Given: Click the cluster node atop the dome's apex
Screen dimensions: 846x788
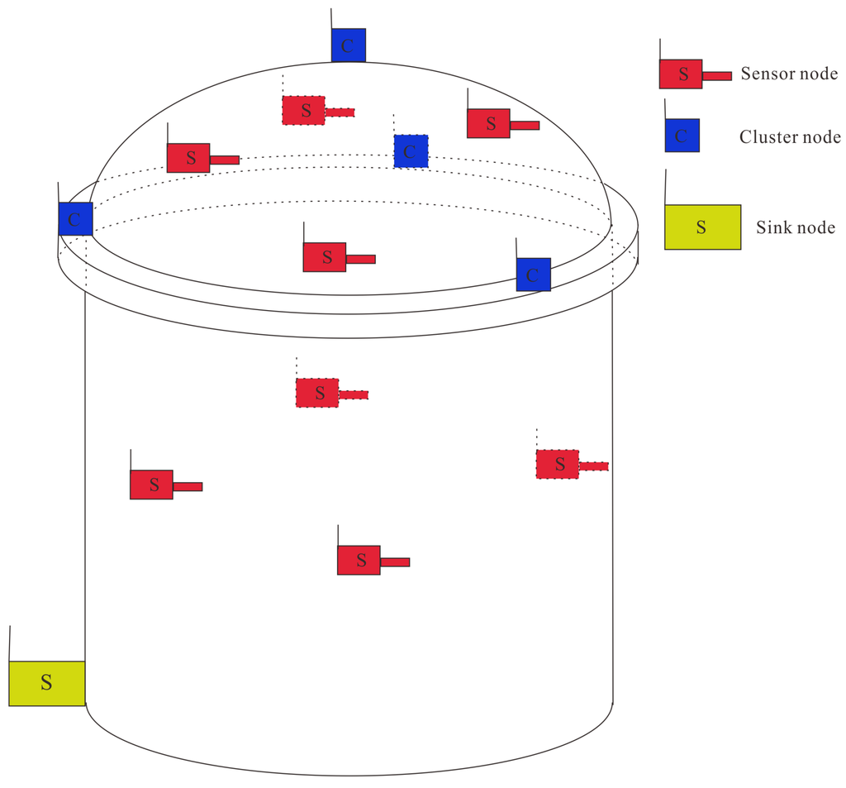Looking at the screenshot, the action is [348, 45].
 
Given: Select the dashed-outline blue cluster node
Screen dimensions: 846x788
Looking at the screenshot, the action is [411, 151].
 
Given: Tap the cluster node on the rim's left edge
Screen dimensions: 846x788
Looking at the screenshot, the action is [75, 219].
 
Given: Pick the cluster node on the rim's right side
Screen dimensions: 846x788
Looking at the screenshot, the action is [533, 275].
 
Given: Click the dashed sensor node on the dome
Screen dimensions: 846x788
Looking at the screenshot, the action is [304, 111].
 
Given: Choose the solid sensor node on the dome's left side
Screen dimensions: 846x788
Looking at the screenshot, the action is [188, 158].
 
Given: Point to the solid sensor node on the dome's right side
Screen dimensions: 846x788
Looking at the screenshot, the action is [488, 124].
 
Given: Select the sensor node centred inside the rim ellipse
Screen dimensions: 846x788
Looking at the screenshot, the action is [325, 257].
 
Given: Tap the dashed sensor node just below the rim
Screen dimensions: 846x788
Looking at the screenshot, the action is [317, 393].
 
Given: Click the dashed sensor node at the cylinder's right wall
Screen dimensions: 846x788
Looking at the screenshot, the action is [558, 465].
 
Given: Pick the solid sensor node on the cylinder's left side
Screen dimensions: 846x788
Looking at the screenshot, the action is [151, 485].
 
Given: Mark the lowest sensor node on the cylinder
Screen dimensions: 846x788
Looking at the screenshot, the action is [359, 561].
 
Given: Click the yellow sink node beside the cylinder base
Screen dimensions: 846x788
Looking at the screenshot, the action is [47, 683].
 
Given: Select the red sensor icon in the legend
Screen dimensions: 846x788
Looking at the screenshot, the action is [681, 74].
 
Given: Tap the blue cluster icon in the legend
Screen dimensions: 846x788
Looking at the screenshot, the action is [682, 136].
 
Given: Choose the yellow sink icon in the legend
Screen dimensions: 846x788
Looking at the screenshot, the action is [702, 227].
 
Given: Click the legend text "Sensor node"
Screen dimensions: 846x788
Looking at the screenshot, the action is [789, 74].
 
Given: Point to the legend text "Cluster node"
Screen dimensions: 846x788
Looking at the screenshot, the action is [790, 137].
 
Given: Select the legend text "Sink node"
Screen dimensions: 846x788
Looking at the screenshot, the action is [796, 227].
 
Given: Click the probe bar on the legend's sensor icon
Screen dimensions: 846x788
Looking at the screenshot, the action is [717, 76].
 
